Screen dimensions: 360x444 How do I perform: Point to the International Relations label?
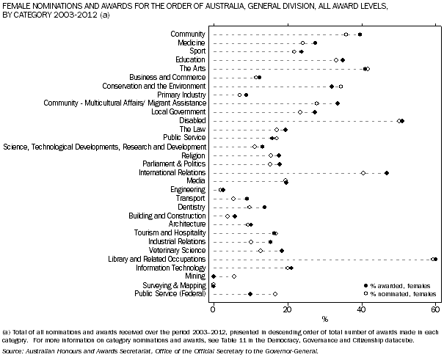tap(172, 172)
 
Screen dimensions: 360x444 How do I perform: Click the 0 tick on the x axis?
tap(213, 308)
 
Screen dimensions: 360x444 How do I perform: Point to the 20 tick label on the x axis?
tap(288, 308)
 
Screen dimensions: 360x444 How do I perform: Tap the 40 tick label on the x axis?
tap(362, 308)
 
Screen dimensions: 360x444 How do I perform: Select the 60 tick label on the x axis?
tap(436, 308)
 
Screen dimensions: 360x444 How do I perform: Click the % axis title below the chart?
tap(324, 319)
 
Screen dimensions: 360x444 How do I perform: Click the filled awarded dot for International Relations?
tap(387, 172)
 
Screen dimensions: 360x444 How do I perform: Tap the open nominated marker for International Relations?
tap(363, 172)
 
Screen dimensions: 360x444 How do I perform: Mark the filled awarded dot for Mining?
tap(214, 276)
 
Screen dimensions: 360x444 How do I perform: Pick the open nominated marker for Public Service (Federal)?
tap(275, 294)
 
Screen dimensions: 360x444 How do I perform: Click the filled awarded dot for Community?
tap(360, 34)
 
